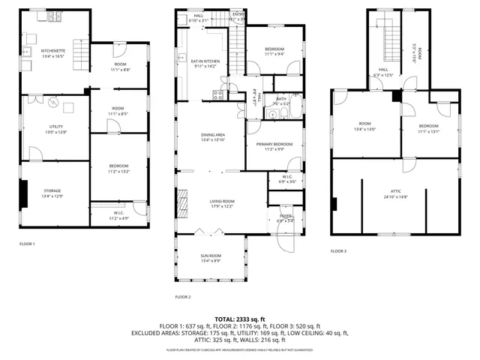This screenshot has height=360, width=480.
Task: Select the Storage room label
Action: tap(52, 190)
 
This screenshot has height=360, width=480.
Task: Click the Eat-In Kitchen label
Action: tap(205, 61)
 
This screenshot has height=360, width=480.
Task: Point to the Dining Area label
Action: tap(213, 134)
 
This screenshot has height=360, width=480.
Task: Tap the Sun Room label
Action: tap(210, 256)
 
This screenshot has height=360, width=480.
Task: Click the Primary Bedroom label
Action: tap(274, 144)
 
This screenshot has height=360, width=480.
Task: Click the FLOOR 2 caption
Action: tap(183, 297)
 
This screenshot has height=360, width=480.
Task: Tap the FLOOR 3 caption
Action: tap(338, 251)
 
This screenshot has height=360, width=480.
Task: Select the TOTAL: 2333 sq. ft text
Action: tap(240, 319)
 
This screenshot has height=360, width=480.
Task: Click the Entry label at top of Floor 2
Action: tap(238, 14)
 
